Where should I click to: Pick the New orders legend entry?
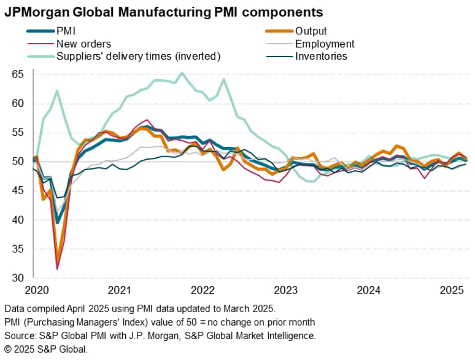(83, 44)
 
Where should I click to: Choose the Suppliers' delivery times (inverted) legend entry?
(138, 57)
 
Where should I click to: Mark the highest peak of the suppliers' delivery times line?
(182, 72)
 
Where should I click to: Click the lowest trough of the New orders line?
(57, 269)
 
